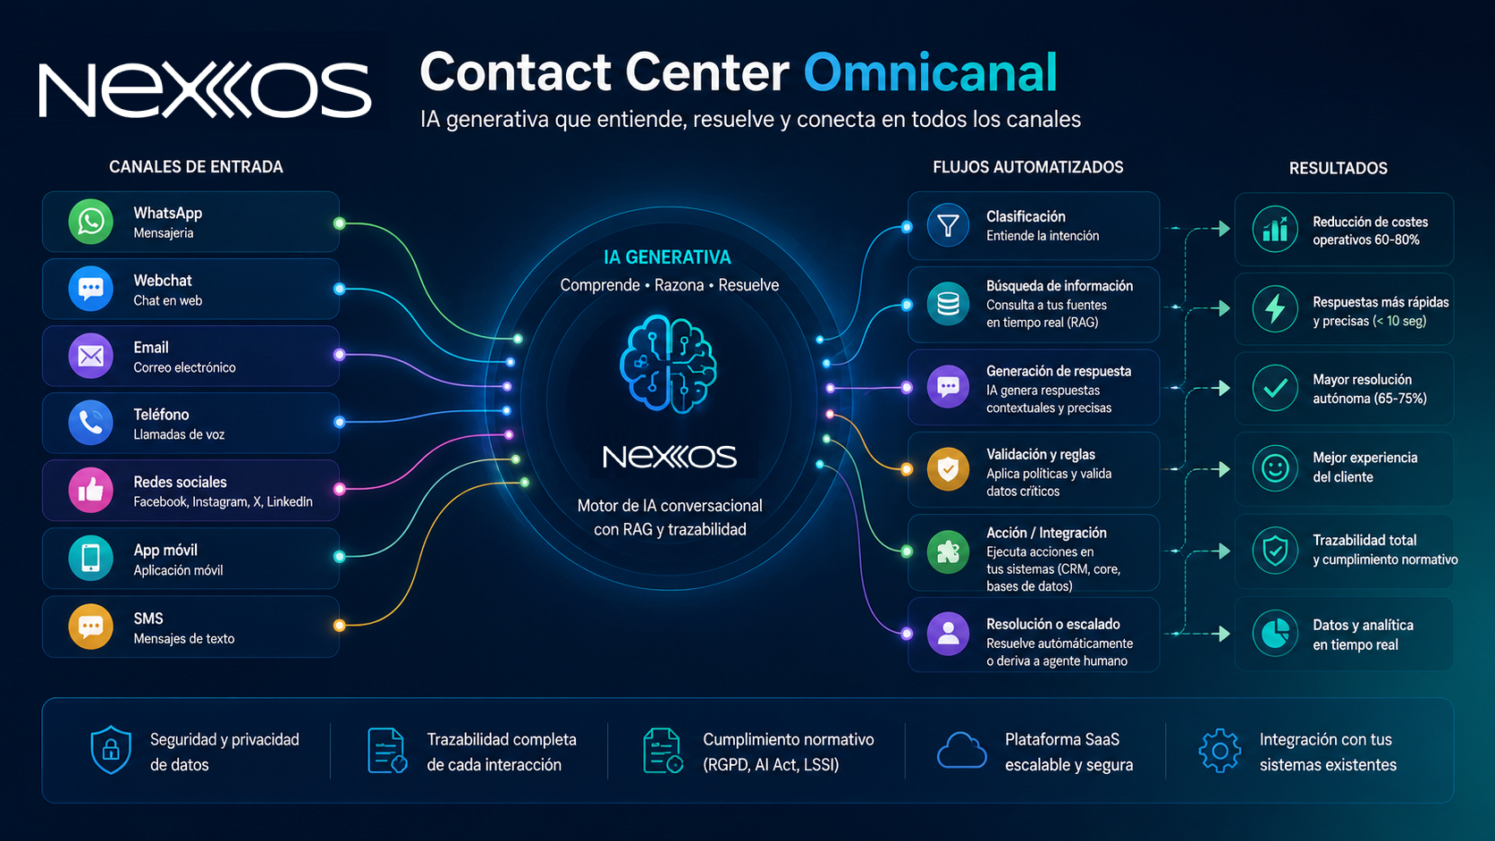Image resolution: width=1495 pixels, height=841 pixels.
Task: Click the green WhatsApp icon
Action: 91,222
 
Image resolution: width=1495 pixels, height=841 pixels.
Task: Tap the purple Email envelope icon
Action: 91,356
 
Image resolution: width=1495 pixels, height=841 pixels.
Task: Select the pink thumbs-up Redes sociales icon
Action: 91,490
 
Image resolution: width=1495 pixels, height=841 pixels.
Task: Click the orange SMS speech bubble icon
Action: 91,627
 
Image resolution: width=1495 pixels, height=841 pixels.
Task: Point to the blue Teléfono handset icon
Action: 91,423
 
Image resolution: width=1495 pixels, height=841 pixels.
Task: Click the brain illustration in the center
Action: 668,364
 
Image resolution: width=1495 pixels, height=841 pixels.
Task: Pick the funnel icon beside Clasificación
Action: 948,225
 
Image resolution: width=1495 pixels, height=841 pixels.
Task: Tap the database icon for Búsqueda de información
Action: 948,304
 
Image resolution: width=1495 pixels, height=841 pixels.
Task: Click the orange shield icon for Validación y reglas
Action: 948,469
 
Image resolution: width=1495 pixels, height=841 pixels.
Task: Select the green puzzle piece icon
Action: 948,552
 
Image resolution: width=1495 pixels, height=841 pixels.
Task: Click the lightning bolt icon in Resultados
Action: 1275,309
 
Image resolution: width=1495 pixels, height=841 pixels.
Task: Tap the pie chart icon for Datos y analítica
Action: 1275,633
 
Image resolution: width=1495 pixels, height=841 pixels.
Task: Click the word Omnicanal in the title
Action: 931,72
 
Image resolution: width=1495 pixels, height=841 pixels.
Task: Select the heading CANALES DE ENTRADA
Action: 196,167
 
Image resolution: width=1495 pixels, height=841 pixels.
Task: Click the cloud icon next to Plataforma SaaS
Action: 962,751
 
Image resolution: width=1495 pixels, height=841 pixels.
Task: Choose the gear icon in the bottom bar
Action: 1220,751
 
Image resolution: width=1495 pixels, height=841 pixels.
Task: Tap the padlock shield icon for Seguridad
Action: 111,750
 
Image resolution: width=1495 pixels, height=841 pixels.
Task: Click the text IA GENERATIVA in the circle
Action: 667,257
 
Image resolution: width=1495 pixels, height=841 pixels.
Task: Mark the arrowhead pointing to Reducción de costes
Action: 1225,229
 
